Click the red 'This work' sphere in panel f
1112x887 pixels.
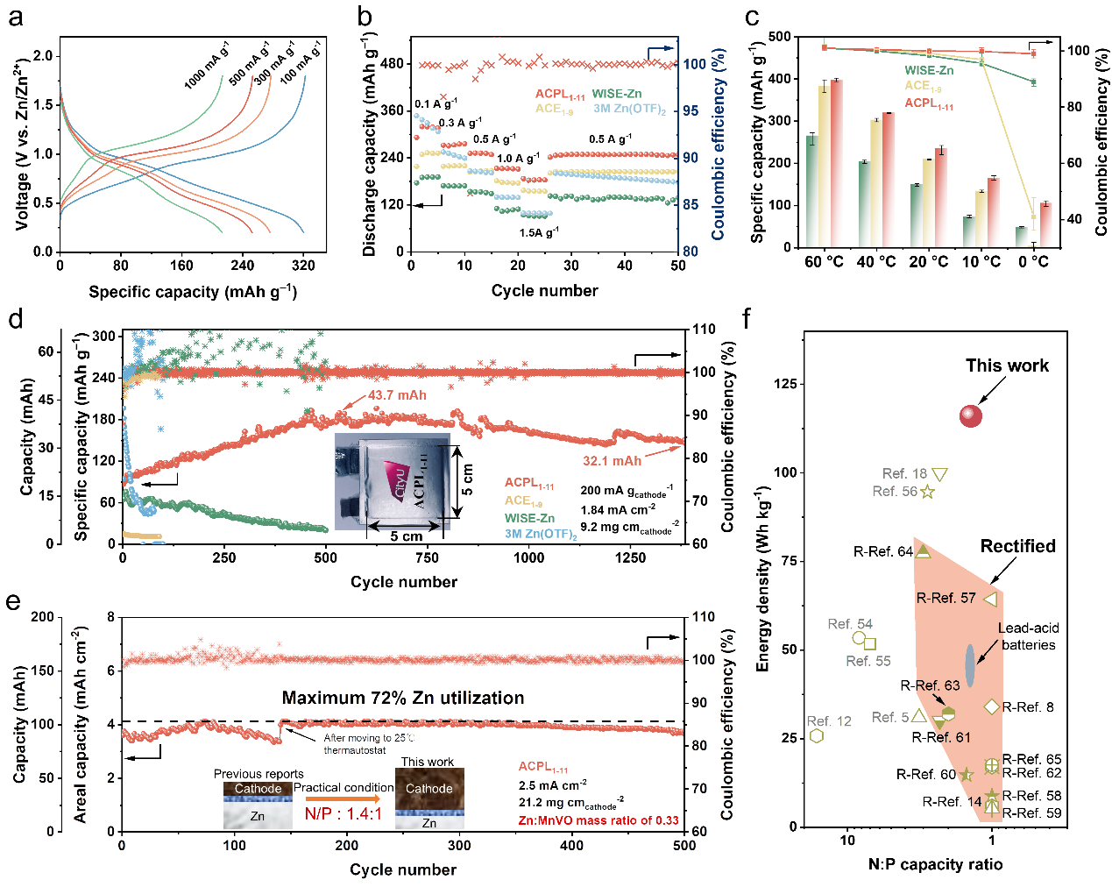click(x=970, y=416)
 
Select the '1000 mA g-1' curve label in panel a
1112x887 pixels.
click(x=207, y=66)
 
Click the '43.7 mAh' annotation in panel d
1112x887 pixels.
click(x=397, y=395)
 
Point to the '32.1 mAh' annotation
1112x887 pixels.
click(x=612, y=461)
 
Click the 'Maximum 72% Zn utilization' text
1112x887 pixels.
click(x=403, y=698)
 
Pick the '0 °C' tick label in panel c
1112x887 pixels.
click(x=1033, y=262)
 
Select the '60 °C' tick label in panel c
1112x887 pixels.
click(x=824, y=262)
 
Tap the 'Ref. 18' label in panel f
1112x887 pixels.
click(x=904, y=473)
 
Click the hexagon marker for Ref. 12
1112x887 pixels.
click(x=817, y=735)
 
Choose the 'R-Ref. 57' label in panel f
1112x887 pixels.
click(x=946, y=598)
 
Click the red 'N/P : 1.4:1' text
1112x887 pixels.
click(x=344, y=813)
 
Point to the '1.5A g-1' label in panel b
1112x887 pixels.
click(x=538, y=232)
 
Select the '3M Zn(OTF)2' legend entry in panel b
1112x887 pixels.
click(x=629, y=109)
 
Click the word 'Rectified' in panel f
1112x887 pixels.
click(x=1017, y=546)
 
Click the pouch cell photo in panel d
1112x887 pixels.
click(x=393, y=485)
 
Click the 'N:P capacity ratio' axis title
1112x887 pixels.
click(x=935, y=864)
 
